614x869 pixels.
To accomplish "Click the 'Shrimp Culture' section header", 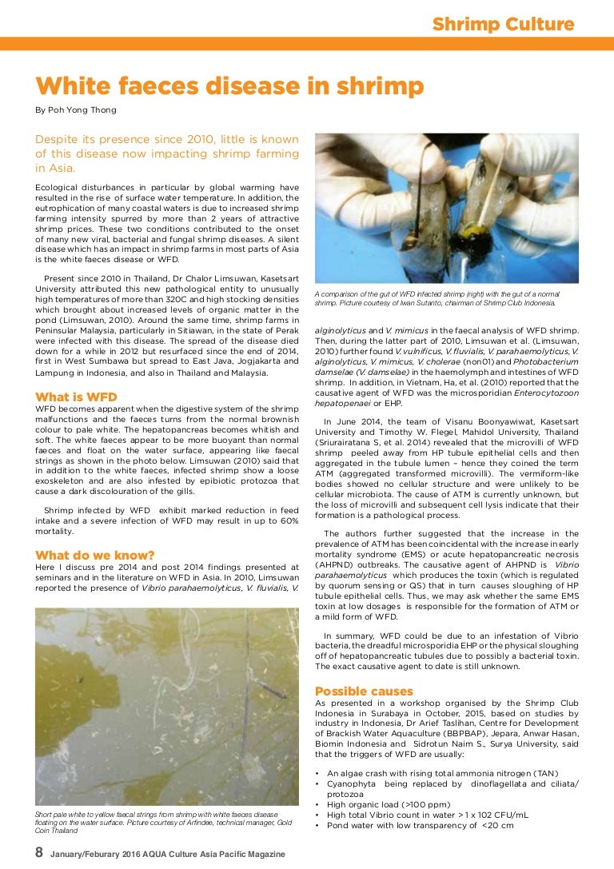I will point(503,25).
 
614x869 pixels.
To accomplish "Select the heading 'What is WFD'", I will point(76,397).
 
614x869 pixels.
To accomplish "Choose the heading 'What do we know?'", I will point(95,556).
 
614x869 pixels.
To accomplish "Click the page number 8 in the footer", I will point(39,852).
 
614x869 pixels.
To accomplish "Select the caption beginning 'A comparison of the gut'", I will point(436,299).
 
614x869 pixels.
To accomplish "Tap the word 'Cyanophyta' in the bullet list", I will point(355,784).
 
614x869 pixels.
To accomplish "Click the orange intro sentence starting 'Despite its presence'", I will point(167,153).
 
